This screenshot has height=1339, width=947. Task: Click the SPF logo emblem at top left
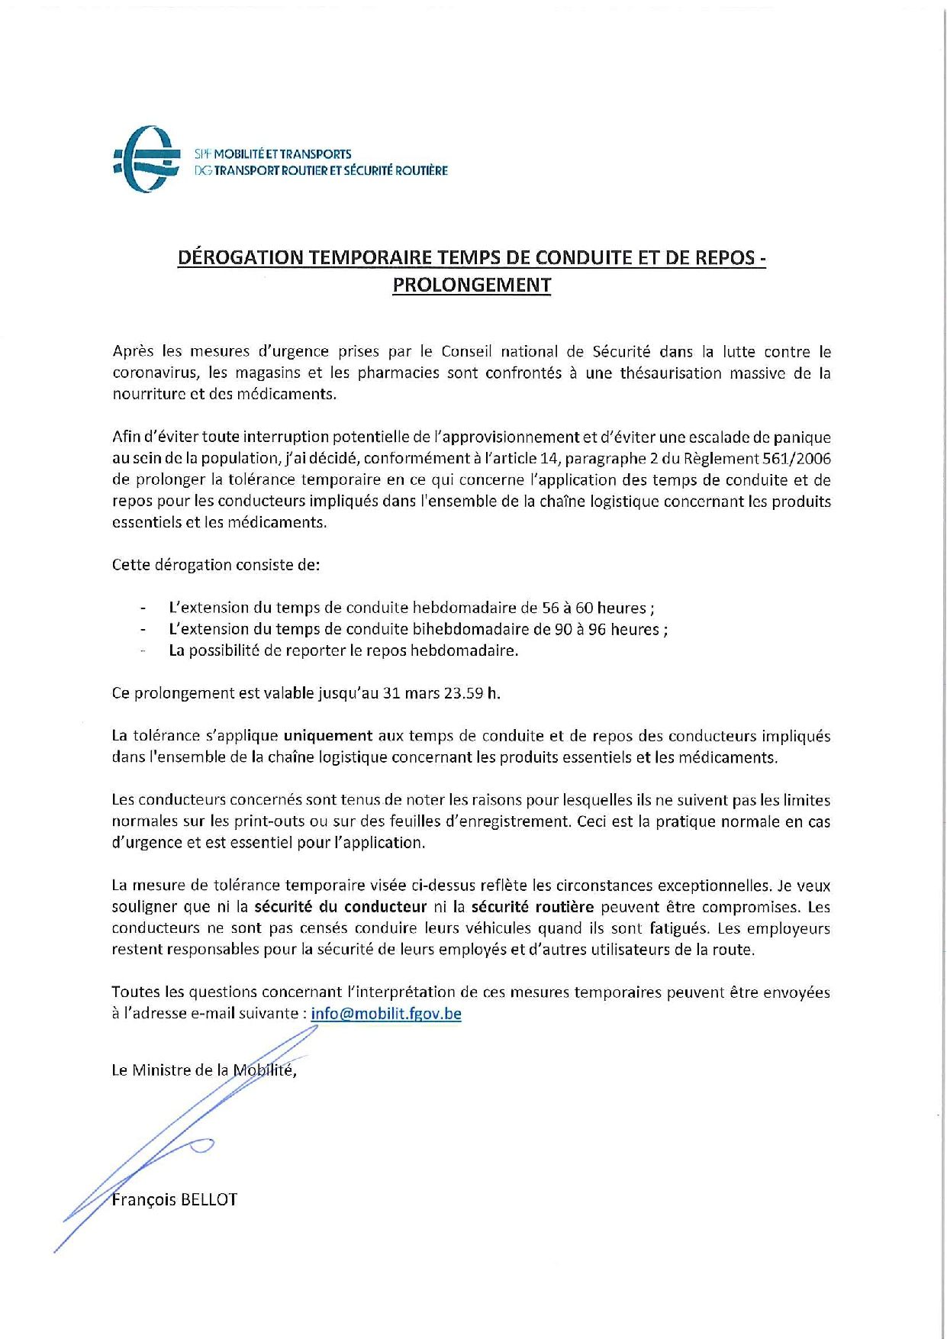147,159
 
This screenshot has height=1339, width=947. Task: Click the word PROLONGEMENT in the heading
472,285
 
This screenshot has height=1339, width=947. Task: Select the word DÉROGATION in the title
240,257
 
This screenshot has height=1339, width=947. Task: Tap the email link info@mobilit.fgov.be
386,1013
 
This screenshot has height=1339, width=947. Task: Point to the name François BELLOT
174,1199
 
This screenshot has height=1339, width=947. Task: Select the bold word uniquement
328,736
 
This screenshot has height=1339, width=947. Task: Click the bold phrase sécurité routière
532,907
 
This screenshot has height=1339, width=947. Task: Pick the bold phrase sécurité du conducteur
340,907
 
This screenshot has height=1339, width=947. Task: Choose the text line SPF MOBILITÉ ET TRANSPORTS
273,154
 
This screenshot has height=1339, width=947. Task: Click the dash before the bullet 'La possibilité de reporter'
143,650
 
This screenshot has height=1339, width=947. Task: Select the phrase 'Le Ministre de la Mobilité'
203,1070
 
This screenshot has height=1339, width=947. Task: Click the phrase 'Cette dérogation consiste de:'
216,565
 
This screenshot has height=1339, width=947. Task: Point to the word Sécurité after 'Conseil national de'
621,352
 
